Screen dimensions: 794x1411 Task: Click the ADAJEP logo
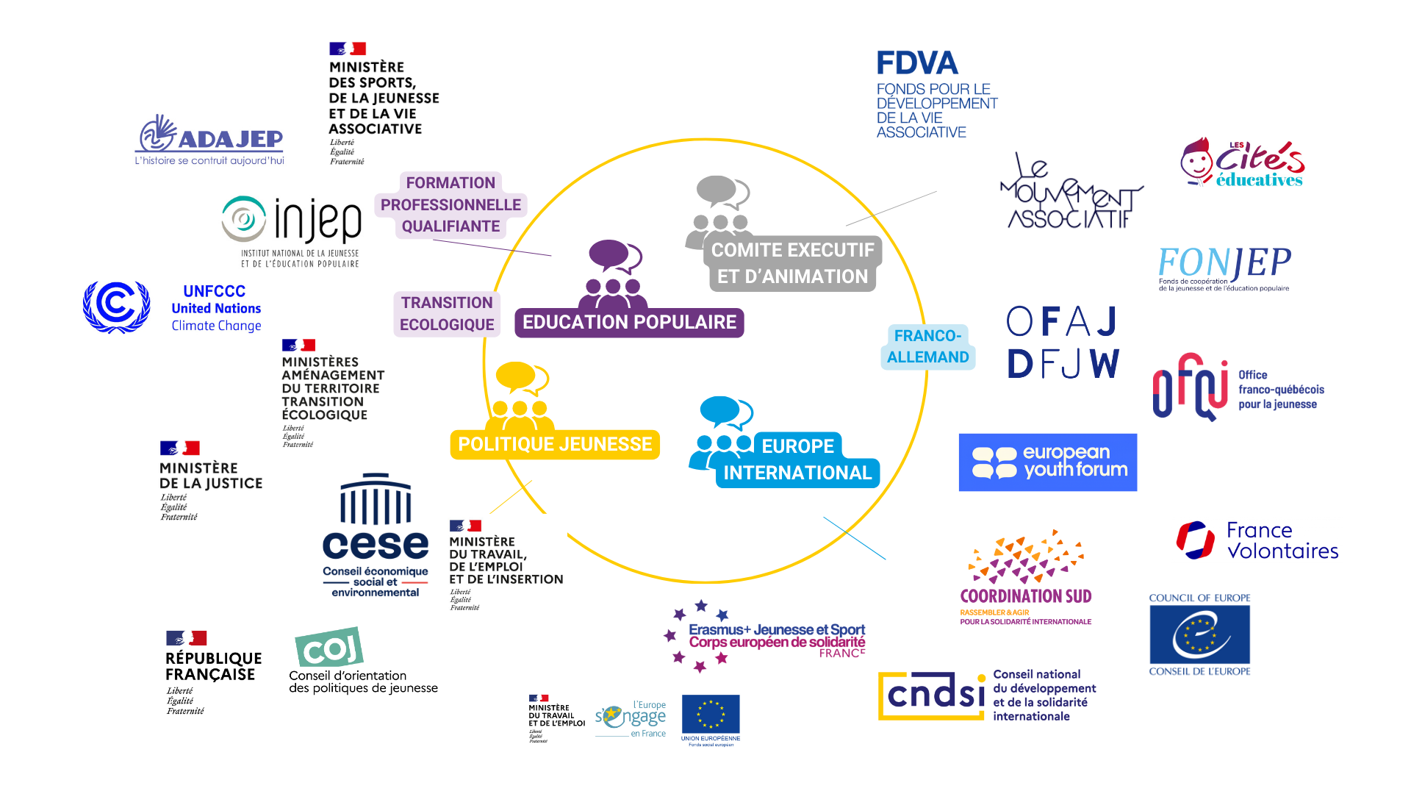click(209, 140)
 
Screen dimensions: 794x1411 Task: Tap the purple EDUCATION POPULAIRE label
click(629, 323)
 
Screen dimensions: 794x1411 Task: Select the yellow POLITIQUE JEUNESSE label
click(555, 444)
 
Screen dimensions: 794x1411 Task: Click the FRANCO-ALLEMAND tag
click(927, 346)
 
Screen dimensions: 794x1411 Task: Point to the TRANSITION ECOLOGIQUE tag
click(447, 313)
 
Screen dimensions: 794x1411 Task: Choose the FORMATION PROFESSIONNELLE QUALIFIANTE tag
click(450, 204)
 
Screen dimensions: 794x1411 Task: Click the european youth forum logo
click(1047, 462)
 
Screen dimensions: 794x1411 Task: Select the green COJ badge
click(329, 646)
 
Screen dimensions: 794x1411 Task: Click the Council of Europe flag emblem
click(1199, 634)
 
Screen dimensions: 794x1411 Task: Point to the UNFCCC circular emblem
click(116, 307)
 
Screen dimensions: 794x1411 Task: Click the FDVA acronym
click(917, 64)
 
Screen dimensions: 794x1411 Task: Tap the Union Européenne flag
click(710, 714)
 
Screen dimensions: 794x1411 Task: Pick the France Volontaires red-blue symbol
click(1195, 540)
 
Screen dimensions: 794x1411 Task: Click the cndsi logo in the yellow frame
click(933, 695)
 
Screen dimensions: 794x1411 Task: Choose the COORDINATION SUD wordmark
click(1025, 596)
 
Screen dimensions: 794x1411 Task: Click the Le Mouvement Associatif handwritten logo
click(1069, 193)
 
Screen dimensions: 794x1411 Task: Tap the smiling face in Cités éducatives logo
click(1196, 161)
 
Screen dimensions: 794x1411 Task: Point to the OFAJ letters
click(1062, 322)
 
